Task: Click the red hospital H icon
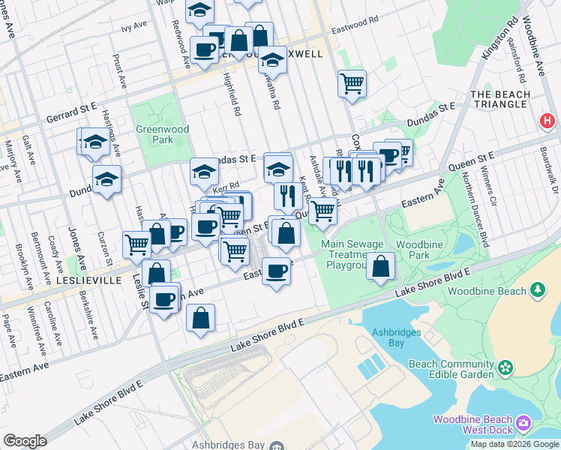tap(547, 120)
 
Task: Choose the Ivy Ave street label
tap(134, 26)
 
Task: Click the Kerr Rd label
tap(225, 186)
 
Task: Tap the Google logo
tap(24, 441)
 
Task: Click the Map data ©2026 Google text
tap(514, 444)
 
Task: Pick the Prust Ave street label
tap(118, 67)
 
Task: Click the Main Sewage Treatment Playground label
tap(353, 255)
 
